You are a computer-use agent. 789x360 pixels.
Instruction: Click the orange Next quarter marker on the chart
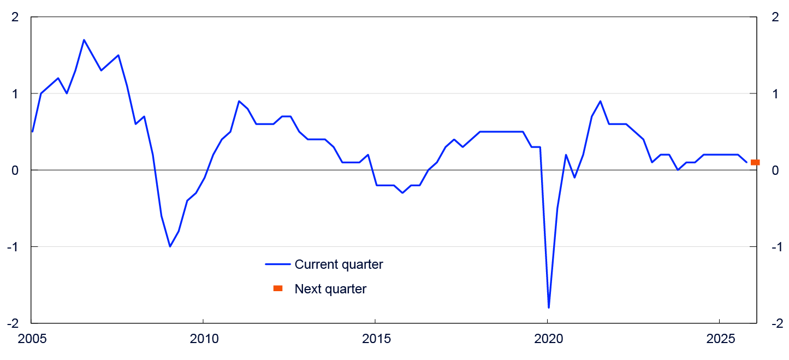pyautogui.click(x=755, y=162)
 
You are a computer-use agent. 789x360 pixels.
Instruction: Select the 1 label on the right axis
pyautogui.click(x=774, y=94)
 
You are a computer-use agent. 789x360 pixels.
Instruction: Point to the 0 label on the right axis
pyautogui.click(x=774, y=170)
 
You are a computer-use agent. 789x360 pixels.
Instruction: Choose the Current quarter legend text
pyautogui.click(x=339, y=264)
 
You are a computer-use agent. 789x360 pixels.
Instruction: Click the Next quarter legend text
pyautogui.click(x=330, y=289)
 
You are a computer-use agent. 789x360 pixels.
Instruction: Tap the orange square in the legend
pyautogui.click(x=278, y=288)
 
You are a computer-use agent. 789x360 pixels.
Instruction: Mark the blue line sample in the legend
pyautogui.click(x=277, y=264)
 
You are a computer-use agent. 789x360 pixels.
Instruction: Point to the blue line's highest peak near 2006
pyautogui.click(x=84, y=40)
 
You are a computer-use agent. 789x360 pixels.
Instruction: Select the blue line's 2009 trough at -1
pyautogui.click(x=170, y=246)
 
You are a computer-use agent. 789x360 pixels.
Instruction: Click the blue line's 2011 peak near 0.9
pyautogui.click(x=239, y=101)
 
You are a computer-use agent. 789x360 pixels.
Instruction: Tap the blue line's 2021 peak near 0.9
pyautogui.click(x=600, y=101)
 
